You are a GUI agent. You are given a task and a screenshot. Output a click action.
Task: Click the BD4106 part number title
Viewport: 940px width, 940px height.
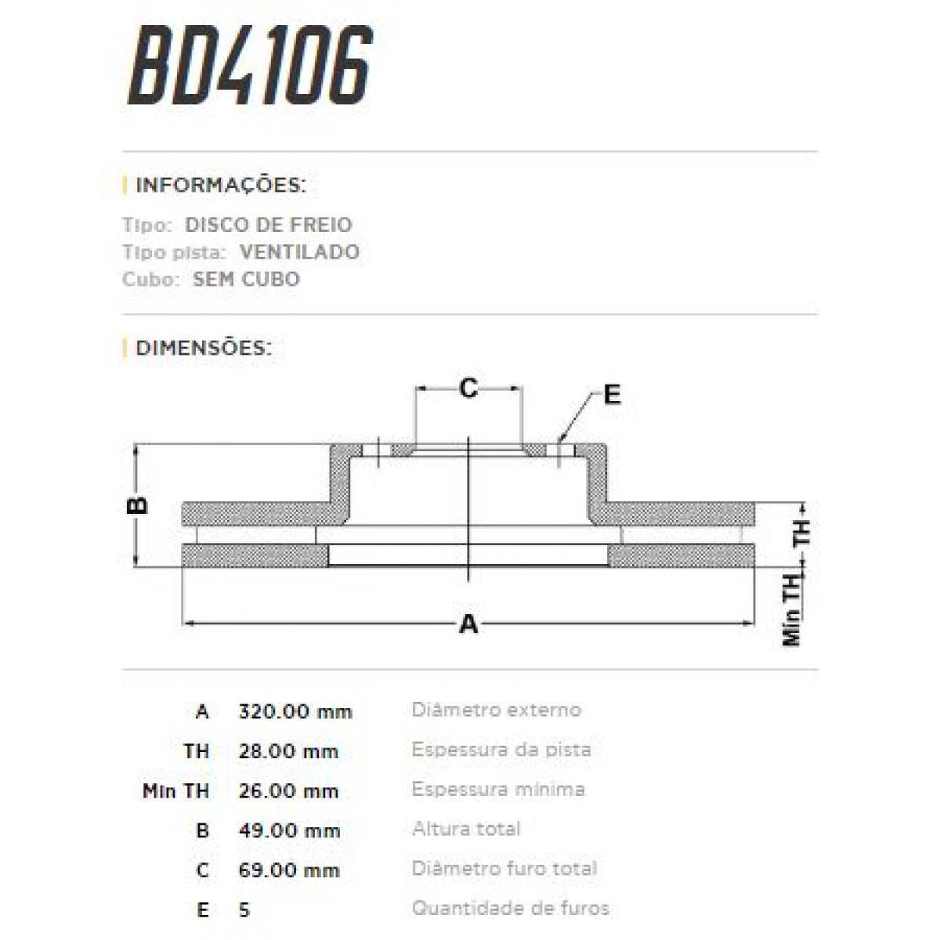point(249,67)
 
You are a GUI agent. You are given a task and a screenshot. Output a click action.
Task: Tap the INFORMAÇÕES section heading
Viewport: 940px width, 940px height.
point(220,186)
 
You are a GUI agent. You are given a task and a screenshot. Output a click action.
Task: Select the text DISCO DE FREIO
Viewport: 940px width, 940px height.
point(268,225)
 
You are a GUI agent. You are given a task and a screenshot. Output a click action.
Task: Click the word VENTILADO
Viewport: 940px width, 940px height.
point(299,252)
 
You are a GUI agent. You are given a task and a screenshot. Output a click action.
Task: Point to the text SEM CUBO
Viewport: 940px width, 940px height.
point(246,280)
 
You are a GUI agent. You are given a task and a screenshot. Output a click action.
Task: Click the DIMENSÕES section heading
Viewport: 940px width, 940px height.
point(204,348)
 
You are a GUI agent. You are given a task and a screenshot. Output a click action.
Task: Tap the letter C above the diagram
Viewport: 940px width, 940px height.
point(468,388)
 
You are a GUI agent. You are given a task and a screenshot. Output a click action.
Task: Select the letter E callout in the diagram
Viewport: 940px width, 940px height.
point(612,394)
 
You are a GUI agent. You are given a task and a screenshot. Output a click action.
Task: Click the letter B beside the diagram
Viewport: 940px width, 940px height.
point(138,504)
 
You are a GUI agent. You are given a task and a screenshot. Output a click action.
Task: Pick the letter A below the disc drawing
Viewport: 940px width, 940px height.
point(468,624)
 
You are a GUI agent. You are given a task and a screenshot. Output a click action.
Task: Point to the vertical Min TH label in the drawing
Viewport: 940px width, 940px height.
point(792,609)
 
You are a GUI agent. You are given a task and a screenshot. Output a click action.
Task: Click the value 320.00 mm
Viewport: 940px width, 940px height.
point(295,712)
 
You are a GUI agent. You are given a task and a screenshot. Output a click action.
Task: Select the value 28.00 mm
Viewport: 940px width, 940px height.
point(288,752)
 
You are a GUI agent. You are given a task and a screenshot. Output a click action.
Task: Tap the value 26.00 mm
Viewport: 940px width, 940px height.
point(288,791)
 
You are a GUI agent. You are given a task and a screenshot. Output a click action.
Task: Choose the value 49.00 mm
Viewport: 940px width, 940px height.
point(289,831)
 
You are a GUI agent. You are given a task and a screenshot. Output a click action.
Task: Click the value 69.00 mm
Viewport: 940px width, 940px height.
point(288,870)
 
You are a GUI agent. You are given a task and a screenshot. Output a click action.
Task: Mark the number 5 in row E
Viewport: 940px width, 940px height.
point(244,910)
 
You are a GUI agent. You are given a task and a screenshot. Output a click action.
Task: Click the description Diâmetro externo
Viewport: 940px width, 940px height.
point(496,710)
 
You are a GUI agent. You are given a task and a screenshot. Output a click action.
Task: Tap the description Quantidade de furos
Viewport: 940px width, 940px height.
point(510,909)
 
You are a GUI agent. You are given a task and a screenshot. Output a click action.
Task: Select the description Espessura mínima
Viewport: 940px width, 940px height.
point(497,790)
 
